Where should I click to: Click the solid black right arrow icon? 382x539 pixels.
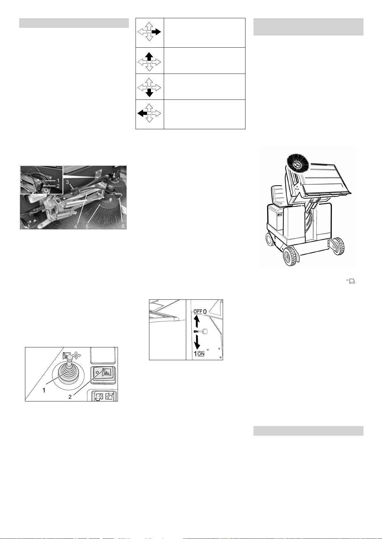point(156,32)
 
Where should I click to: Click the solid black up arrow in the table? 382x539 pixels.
point(149,56)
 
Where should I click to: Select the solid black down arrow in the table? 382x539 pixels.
point(149,93)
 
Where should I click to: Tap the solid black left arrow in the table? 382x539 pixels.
point(142,113)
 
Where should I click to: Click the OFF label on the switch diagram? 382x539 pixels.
point(198,312)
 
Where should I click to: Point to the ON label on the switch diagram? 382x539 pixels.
point(201,354)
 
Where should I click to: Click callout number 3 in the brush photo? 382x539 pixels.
point(68,182)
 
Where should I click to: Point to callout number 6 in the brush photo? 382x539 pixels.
point(123,226)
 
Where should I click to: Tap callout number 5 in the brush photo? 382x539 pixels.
point(87,226)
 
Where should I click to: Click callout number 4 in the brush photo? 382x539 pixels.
point(75,226)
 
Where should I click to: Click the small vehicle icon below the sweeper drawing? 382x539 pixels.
point(352,281)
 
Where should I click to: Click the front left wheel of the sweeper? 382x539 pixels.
point(290,257)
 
